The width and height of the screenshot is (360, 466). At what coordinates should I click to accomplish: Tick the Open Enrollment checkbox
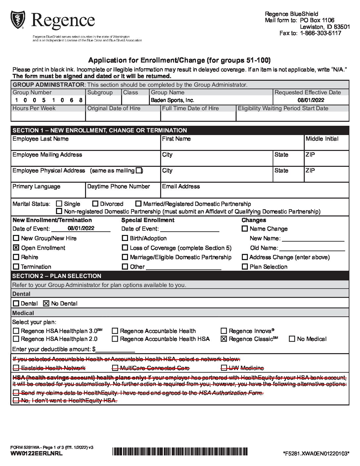[16, 248]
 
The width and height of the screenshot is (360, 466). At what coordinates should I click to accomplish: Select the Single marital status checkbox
[59, 204]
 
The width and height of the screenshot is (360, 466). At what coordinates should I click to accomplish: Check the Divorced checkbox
[95, 204]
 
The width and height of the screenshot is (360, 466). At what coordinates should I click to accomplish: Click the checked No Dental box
[46, 303]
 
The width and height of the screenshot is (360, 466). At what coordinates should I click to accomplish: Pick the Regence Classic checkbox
[224, 339]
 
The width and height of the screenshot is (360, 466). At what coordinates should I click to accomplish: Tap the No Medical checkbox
[292, 339]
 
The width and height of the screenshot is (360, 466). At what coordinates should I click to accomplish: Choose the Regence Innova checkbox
[224, 331]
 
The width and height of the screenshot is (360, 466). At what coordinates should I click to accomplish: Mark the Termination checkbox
[16, 266]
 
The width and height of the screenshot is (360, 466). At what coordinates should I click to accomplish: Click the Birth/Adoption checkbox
[125, 238]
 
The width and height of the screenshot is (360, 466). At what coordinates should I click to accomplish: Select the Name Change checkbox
[245, 228]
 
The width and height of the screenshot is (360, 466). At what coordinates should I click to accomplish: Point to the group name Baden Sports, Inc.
[172, 100]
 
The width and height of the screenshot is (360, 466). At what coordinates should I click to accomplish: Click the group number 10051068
[48, 100]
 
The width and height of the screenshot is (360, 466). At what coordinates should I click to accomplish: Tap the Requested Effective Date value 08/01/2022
[311, 100]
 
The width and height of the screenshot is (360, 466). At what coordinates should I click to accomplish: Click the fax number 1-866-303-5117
[320, 33]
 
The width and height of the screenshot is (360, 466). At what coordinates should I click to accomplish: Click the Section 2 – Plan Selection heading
[57, 276]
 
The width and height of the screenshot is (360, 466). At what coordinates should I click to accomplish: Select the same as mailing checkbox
[139, 170]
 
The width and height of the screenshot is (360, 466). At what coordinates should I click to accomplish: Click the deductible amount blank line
[115, 349]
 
